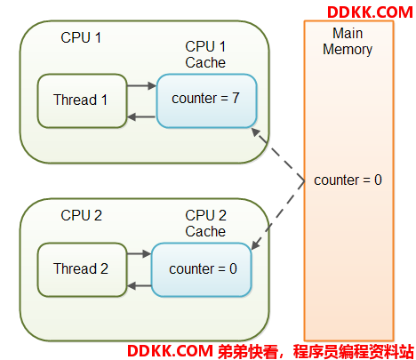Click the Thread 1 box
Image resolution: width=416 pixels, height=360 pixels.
pos(82,100)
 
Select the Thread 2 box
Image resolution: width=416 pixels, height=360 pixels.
pos(82,269)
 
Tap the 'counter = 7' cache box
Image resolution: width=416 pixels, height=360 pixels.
pos(206,100)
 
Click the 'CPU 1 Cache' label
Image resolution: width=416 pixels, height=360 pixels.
pos(205,54)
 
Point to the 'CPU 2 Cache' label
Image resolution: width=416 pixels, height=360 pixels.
pos(205,223)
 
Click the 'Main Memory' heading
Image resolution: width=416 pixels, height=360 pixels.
pos(348,42)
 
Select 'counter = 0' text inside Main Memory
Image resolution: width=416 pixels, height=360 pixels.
pos(348,180)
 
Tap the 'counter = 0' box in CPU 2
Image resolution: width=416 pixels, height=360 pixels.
pos(202,269)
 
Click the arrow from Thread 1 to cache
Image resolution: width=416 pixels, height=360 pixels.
pos(141,86)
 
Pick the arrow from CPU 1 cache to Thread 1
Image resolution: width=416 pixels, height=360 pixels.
pos(141,116)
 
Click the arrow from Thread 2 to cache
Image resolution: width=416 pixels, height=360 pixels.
pos(140,253)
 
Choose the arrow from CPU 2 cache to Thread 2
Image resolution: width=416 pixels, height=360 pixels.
pos(140,286)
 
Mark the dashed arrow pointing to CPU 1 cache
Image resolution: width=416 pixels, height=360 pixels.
pos(278,154)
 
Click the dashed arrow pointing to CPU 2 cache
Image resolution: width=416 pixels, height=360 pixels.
pos(278,215)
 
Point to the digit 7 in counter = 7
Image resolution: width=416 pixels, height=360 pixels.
pos(236,98)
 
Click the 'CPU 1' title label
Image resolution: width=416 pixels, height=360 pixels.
pos(81,37)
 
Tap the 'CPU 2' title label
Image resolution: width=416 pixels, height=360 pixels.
pos(81,215)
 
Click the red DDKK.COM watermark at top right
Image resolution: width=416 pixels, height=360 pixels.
pos(370,12)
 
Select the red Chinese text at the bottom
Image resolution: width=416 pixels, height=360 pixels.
pos(316,351)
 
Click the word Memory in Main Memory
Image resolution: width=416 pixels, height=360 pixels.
pos(348,50)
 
